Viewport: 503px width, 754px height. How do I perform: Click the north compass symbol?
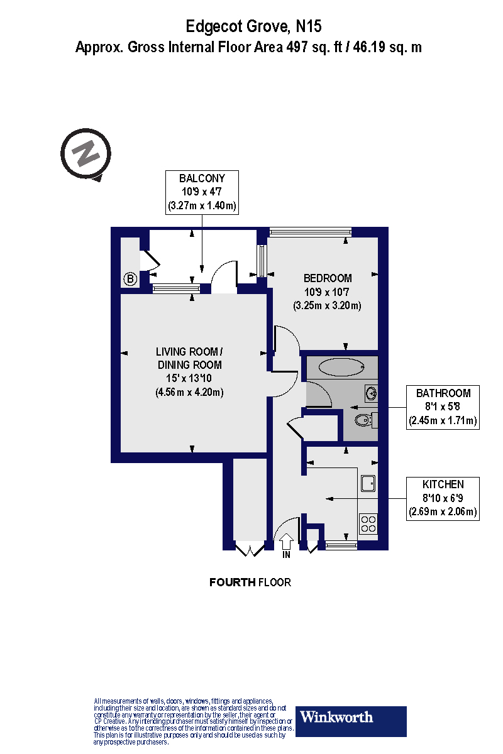(86, 153)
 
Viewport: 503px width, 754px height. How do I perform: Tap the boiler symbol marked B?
(130, 279)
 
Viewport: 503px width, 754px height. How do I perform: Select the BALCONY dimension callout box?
(201, 192)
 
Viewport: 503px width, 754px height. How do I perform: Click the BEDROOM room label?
(327, 278)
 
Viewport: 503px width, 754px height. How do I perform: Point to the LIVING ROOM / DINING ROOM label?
(189, 358)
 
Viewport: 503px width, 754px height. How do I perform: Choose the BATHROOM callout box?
(443, 407)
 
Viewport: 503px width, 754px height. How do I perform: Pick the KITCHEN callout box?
(443, 498)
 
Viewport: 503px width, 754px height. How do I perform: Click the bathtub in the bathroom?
(340, 366)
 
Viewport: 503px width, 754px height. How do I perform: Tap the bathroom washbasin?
(372, 394)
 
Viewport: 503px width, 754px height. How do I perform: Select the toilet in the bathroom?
(364, 420)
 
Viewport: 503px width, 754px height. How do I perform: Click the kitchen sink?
(368, 483)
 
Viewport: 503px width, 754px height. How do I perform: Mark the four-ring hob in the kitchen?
(368, 523)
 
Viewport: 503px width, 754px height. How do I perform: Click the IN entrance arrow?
(287, 542)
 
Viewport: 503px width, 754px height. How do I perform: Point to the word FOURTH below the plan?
(232, 582)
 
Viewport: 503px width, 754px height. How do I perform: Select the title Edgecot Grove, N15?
(253, 26)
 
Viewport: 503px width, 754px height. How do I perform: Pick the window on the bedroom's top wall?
(310, 232)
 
